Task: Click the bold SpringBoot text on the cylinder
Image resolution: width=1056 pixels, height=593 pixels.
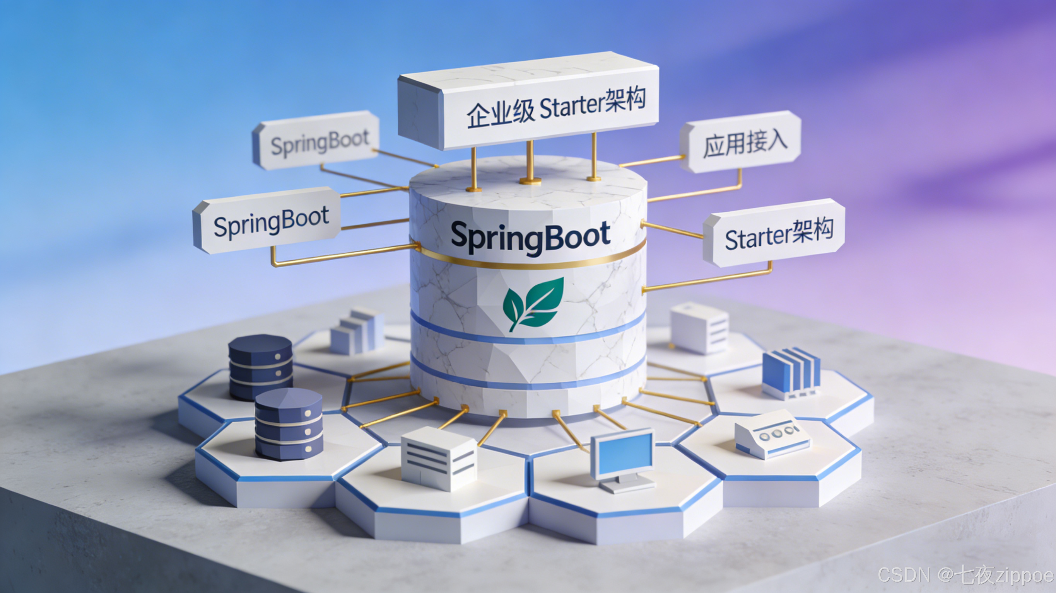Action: [530, 237]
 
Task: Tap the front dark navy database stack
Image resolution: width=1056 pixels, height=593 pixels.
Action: [289, 424]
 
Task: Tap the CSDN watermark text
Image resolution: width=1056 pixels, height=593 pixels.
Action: [965, 575]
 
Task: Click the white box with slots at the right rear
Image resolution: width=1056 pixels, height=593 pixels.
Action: [699, 328]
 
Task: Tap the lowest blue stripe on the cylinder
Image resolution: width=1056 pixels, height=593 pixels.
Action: [529, 383]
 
